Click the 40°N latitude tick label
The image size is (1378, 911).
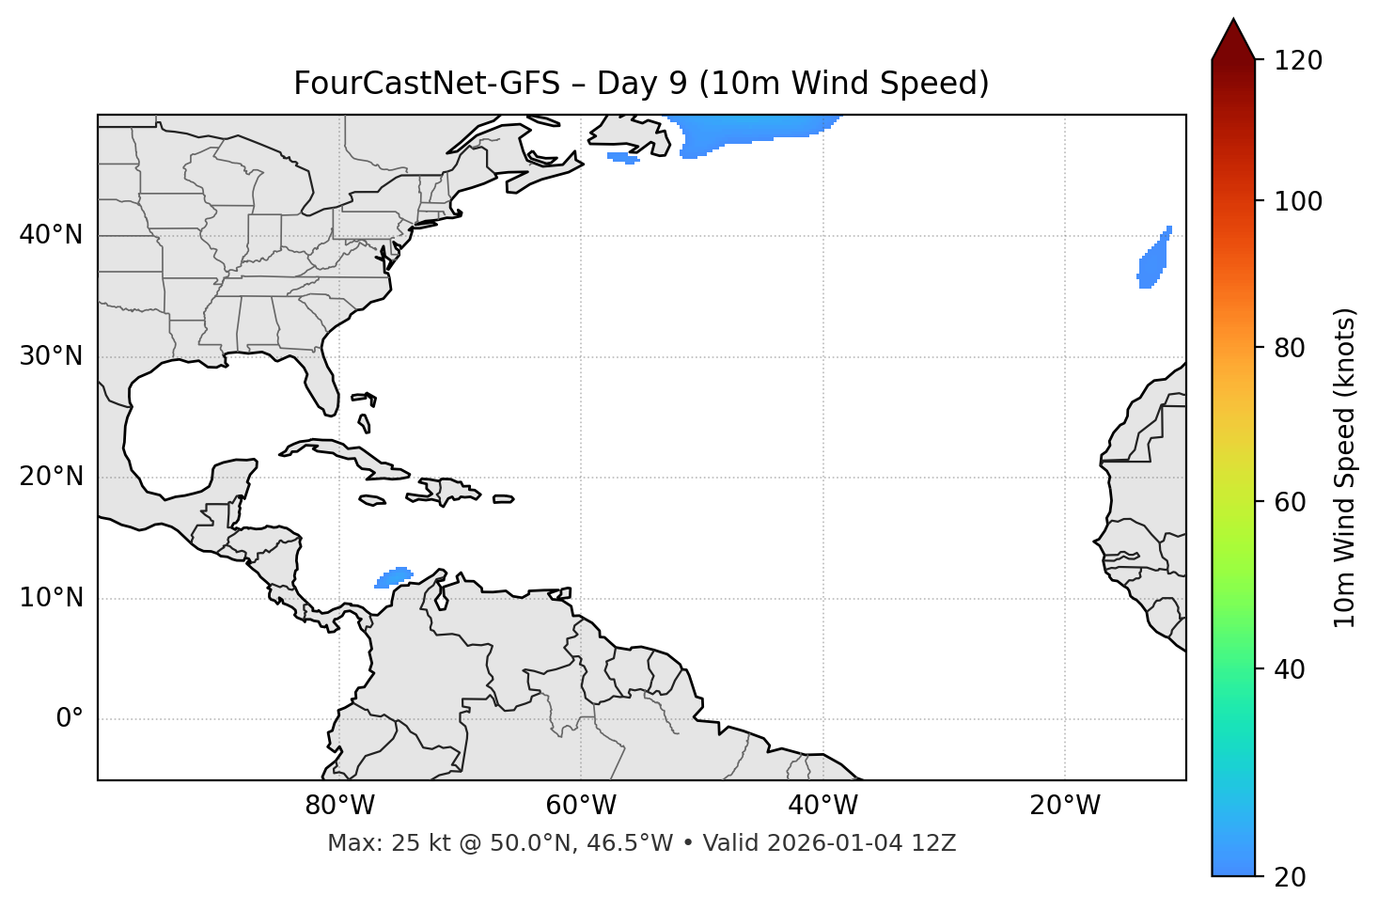[51, 235]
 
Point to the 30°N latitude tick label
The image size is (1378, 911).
[51, 356]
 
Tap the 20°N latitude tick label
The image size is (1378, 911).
[51, 477]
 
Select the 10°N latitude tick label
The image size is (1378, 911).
[51, 598]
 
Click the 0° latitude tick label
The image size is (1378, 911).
[69, 719]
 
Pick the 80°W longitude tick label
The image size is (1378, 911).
[339, 806]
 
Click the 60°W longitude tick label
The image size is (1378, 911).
[581, 806]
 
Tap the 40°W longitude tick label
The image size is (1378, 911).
[822, 806]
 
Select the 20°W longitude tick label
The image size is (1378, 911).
[1064, 806]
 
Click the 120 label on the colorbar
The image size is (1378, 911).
[1298, 61]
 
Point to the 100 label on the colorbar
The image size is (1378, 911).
[1298, 201]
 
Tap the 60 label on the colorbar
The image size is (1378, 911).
[1291, 502]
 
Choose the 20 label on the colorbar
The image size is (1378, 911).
[1291, 877]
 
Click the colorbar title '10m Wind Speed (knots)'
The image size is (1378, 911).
[1345, 467]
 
